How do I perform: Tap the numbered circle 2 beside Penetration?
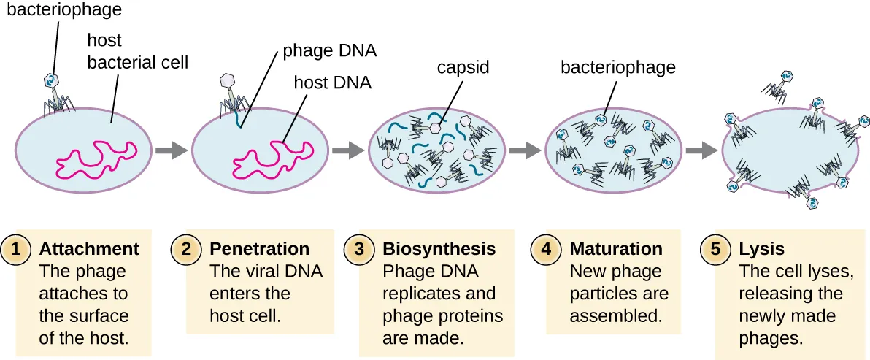point(187,249)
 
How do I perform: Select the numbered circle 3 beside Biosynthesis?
point(359,249)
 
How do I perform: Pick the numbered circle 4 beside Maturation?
point(547,249)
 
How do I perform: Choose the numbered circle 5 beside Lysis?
point(715,249)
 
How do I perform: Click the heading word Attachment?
point(89,249)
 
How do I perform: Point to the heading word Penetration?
point(259,249)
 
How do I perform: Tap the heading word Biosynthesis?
point(439,249)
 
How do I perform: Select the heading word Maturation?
point(616,249)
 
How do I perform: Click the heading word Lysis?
point(761,249)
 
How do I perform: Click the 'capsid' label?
point(462,68)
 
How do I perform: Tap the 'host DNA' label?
point(332,83)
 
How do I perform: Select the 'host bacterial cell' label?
point(137,51)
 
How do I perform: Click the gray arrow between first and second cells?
point(171,150)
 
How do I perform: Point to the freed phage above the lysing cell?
point(778,83)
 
